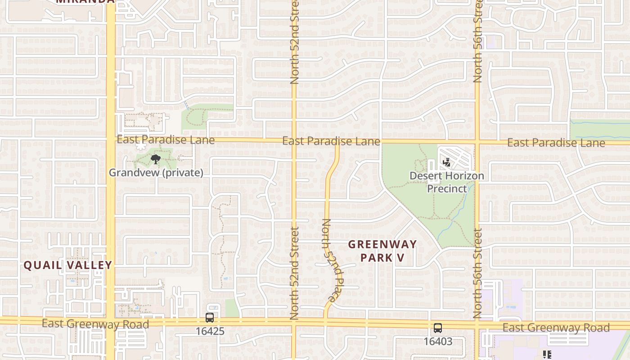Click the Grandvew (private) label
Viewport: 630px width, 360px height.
[x=156, y=173]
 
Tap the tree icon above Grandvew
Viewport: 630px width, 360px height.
[x=156, y=159]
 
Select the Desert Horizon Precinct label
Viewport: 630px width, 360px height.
[x=447, y=182]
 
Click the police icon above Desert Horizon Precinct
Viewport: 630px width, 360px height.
[x=447, y=162]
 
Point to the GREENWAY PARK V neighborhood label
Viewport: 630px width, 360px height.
[x=382, y=251]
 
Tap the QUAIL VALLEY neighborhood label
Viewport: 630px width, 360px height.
[x=67, y=265]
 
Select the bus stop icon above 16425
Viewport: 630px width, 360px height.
[x=210, y=318]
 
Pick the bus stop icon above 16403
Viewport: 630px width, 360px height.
[x=438, y=328]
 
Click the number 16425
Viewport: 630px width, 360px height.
[x=210, y=331]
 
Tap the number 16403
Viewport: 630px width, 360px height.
[x=438, y=342]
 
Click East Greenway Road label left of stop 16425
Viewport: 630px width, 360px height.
[x=95, y=324]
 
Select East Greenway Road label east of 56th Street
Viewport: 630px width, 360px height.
[x=556, y=328]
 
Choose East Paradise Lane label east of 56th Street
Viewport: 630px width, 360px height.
[x=556, y=143]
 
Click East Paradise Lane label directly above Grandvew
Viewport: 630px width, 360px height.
[x=166, y=140]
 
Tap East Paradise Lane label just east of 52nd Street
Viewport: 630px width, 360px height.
[x=331, y=141]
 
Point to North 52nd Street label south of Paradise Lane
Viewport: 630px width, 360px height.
[x=294, y=273]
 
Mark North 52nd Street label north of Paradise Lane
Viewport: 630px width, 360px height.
[x=294, y=43]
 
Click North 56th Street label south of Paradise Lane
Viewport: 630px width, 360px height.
[x=477, y=273]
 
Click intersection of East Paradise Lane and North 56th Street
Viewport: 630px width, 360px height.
[x=477, y=142]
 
